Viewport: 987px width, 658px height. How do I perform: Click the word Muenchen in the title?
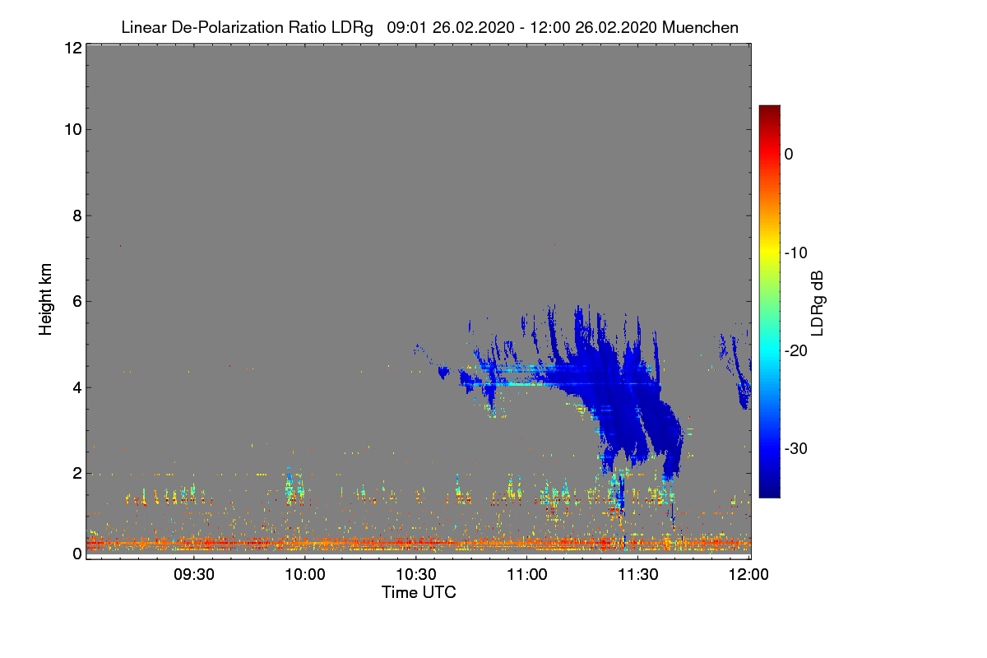tap(700, 27)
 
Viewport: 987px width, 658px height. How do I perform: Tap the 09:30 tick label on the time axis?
tap(194, 575)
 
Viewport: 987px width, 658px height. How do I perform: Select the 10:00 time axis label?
tap(305, 575)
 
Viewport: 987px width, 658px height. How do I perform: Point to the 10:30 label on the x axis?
tap(416, 575)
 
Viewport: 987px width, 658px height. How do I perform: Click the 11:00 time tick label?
tap(527, 575)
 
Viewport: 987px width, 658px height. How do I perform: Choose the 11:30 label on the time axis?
tap(638, 575)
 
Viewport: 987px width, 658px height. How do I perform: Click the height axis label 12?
tap(72, 48)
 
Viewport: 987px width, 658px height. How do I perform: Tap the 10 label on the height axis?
tap(72, 129)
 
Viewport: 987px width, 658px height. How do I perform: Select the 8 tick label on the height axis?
tap(76, 215)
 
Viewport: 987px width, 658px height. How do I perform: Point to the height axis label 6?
tap(76, 301)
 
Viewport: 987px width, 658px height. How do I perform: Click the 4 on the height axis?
tap(76, 387)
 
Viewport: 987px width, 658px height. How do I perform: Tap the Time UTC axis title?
tap(419, 592)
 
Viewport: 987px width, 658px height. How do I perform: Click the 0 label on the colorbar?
tap(789, 154)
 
